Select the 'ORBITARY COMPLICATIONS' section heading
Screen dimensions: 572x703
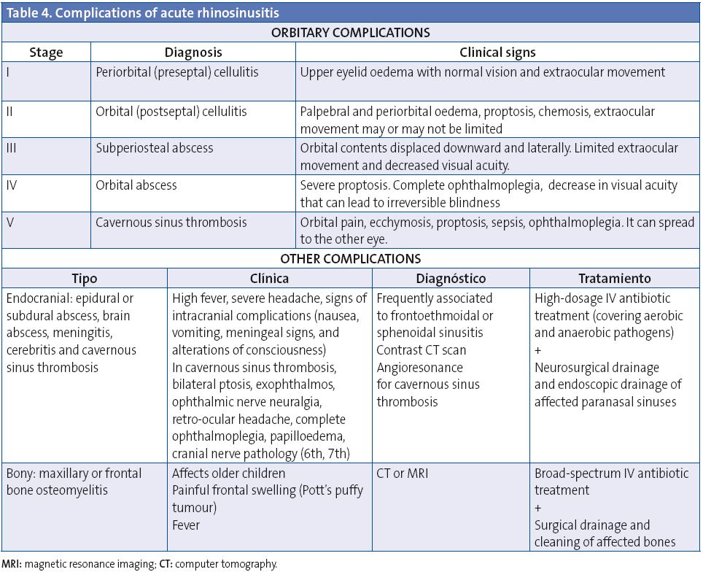(x=351, y=33)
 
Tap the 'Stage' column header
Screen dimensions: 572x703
(x=46, y=53)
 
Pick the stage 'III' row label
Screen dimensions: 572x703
(x=12, y=148)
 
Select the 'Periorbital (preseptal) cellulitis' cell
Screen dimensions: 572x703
(x=177, y=72)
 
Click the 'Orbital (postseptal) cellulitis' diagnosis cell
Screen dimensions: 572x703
(x=171, y=112)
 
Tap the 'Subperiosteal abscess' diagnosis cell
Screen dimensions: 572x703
(x=155, y=148)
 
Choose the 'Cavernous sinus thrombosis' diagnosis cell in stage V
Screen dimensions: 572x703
(x=171, y=223)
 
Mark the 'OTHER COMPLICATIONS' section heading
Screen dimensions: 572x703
(x=351, y=259)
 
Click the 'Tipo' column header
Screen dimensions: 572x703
(x=85, y=279)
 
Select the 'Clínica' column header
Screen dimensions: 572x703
(x=269, y=279)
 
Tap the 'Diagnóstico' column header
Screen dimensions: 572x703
(x=451, y=279)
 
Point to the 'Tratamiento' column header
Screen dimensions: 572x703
(x=615, y=279)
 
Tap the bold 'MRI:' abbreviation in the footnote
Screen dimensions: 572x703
(x=11, y=564)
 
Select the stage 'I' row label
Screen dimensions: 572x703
(x=7, y=72)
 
